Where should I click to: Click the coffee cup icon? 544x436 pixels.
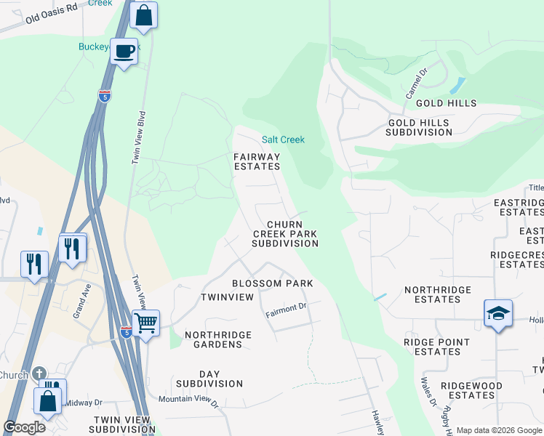click(x=124, y=51)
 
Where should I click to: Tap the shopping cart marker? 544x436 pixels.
click(x=146, y=322)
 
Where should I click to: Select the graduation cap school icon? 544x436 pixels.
click(x=498, y=313)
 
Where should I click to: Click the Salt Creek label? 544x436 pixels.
click(x=283, y=140)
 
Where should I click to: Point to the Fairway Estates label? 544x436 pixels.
click(x=256, y=161)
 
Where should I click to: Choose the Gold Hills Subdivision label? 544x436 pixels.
click(x=419, y=128)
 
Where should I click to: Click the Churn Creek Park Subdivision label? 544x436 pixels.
click(x=285, y=234)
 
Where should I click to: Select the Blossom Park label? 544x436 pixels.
click(x=272, y=283)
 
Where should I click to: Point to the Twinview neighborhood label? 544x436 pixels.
click(x=227, y=297)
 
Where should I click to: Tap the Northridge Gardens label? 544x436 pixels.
click(x=218, y=340)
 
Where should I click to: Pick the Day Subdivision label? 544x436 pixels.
click(x=209, y=379)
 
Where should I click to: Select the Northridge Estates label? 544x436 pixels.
click(x=438, y=294)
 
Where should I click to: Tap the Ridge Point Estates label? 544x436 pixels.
click(x=433, y=347)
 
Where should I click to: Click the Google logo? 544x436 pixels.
click(x=24, y=427)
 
